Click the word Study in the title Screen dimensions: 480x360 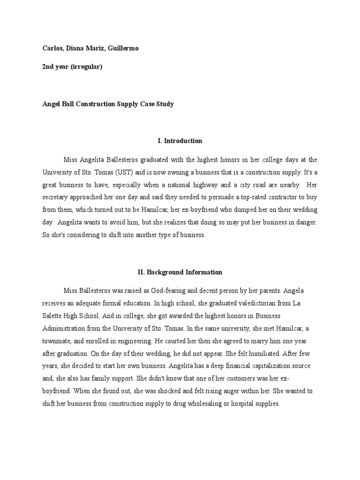164,104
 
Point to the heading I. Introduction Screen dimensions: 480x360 180,141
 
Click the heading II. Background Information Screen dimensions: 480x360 180,272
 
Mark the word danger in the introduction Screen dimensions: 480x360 306,223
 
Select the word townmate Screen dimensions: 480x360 57,341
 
